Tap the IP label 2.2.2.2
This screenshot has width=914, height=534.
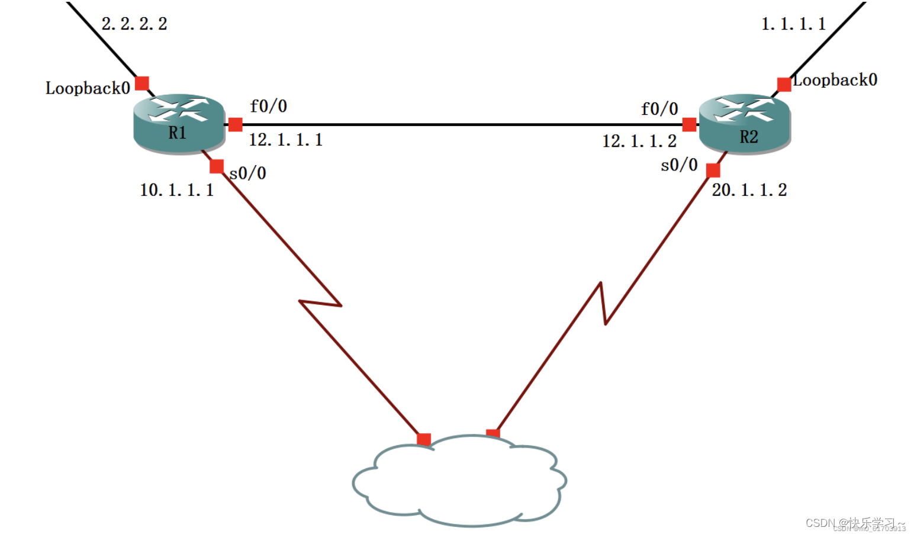(x=134, y=24)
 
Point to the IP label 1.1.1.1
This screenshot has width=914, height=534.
(x=793, y=24)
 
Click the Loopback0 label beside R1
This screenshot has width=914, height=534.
(x=88, y=88)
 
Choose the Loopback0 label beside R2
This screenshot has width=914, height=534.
(x=835, y=80)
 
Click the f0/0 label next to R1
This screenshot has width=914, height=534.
(x=268, y=106)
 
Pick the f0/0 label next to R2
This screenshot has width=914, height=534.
(x=659, y=109)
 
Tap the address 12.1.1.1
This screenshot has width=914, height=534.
(x=285, y=140)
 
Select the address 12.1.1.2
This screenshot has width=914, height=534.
(x=639, y=141)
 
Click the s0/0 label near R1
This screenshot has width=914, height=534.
(x=248, y=173)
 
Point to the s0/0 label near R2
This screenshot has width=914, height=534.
(x=679, y=165)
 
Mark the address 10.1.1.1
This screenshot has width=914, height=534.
(x=176, y=190)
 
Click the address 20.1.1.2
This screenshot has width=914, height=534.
(x=749, y=190)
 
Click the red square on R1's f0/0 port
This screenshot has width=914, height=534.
(x=235, y=124)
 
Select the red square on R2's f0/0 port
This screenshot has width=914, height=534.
(x=689, y=124)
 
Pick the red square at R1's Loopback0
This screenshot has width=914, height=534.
(x=142, y=83)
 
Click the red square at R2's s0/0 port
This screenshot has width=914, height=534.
(x=713, y=171)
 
